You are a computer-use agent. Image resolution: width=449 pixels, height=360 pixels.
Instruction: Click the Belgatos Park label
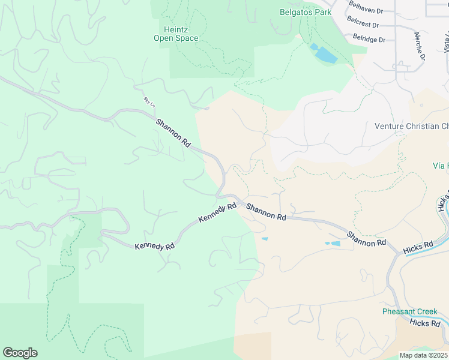pos(306,12)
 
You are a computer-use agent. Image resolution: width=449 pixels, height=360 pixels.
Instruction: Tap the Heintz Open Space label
pos(176,34)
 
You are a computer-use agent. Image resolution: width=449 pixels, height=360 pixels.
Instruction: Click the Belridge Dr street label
pos(369,39)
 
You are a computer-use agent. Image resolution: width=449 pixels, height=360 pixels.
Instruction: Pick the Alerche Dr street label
pos(419,48)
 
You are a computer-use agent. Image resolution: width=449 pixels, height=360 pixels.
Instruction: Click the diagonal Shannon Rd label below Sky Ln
pos(173,133)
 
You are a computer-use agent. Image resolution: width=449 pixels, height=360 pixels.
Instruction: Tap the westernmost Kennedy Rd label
pos(154,247)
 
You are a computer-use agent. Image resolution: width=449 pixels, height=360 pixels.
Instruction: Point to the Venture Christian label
pos(411,126)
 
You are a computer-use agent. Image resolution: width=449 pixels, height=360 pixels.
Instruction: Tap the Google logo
pos(20,353)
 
